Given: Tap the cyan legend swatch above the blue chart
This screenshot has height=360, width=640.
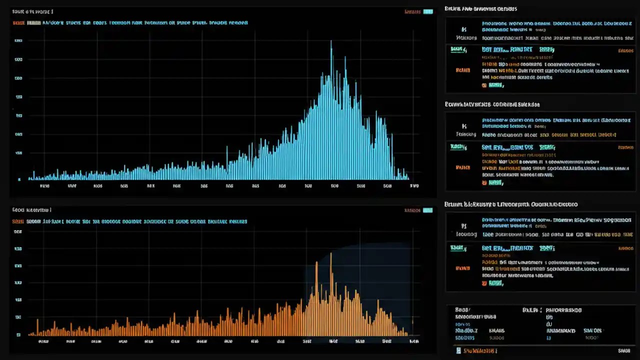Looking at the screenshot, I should point(427,11).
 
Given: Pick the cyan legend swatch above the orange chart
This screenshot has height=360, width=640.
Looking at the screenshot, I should point(427,210).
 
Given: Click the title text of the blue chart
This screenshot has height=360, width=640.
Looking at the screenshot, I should point(32,11).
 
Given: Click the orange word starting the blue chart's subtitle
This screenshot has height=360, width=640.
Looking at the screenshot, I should point(18,22).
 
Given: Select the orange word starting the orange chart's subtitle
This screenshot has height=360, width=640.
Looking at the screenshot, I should point(18,221).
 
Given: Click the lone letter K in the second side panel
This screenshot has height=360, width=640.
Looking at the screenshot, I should point(464,126).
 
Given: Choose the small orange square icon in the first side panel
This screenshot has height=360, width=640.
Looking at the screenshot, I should point(484,85).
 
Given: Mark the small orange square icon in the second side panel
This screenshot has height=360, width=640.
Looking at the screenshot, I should point(484,183).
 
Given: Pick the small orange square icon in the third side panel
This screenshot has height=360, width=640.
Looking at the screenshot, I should point(484,283).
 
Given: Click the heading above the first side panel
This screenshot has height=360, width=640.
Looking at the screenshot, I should point(480,9).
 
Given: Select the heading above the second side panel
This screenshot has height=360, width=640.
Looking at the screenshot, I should point(492,104).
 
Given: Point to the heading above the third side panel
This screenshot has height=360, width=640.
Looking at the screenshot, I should point(511,204).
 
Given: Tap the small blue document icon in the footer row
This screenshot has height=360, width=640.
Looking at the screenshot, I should point(459,351).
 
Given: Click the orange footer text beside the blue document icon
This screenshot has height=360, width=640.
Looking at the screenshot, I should point(481,351).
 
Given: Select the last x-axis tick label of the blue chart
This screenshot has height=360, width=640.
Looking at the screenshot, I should point(414,186).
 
